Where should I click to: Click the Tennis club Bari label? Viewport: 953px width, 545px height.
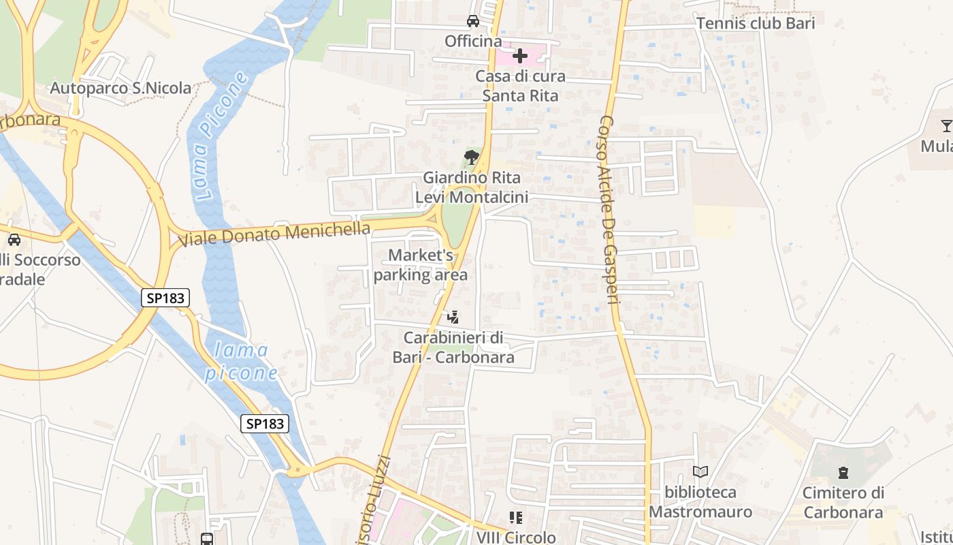pyautogui.click(x=755, y=22)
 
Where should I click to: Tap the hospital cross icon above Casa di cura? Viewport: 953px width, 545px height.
pyautogui.click(x=520, y=56)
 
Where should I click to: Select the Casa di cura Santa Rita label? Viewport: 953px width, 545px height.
pyautogui.click(x=520, y=86)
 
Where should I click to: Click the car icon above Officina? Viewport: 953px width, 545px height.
pyautogui.click(x=472, y=21)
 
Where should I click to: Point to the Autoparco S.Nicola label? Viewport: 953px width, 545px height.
pyautogui.click(x=120, y=88)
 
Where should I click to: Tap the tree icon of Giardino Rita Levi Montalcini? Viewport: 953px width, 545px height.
pyautogui.click(x=471, y=158)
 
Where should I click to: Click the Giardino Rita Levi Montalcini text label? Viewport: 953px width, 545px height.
pyautogui.click(x=471, y=187)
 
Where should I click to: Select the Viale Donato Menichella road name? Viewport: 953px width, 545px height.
pyautogui.click(x=274, y=233)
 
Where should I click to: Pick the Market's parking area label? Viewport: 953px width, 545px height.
pyautogui.click(x=421, y=265)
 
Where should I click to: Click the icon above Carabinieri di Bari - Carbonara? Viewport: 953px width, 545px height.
pyautogui.click(x=453, y=317)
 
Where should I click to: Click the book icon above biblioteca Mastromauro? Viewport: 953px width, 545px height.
pyautogui.click(x=700, y=471)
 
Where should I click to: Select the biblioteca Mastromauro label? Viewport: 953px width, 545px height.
pyautogui.click(x=700, y=501)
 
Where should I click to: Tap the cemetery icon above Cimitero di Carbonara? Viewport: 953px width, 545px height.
pyautogui.click(x=843, y=472)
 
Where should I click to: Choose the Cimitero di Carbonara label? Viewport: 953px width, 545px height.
pyautogui.click(x=843, y=502)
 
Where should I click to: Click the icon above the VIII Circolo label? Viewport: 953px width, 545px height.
pyautogui.click(x=516, y=518)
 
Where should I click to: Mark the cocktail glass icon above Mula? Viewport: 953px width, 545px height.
pyautogui.click(x=946, y=125)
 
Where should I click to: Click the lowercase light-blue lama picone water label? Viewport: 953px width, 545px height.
pyautogui.click(x=242, y=362)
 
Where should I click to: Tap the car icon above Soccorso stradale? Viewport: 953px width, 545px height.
pyautogui.click(x=14, y=239)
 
